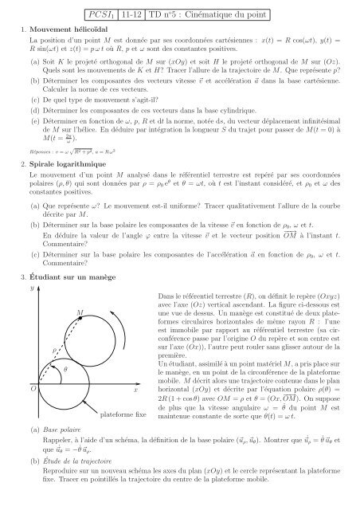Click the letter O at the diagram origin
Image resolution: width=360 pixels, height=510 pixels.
tap(31, 390)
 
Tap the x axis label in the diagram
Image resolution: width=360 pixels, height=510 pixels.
tap(135, 390)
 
